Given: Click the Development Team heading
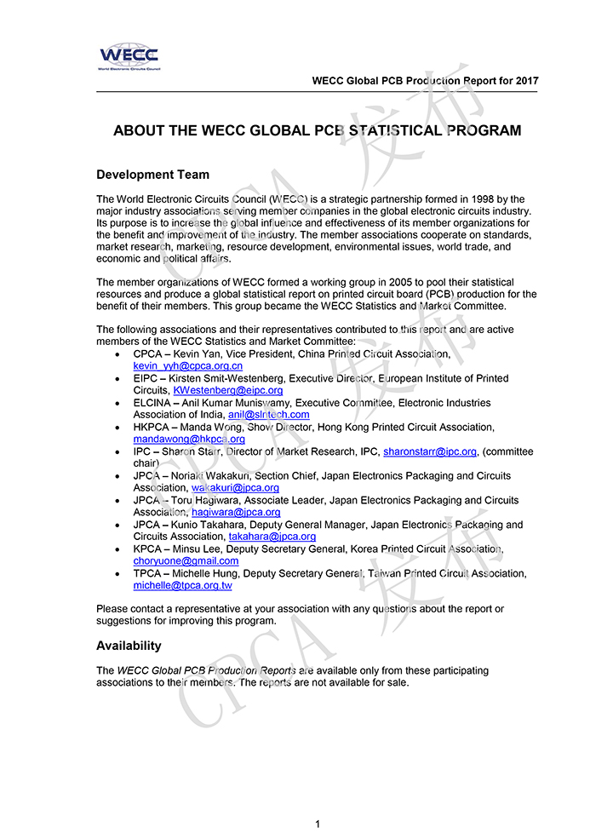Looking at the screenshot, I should (x=152, y=175).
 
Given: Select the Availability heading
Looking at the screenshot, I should (x=129, y=646).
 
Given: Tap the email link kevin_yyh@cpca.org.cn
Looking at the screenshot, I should (x=188, y=365).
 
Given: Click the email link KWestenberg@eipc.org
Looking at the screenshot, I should (x=227, y=390).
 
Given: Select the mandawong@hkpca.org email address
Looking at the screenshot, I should (x=189, y=439).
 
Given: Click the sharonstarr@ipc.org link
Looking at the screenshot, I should (x=429, y=451).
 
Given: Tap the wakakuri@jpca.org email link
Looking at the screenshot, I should (x=235, y=488).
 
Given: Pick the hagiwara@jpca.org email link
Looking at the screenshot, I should (x=233, y=513).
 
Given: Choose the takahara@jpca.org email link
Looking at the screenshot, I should (x=272, y=537).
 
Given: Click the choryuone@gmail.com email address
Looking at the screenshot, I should (x=186, y=561).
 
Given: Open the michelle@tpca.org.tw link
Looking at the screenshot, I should (x=182, y=586).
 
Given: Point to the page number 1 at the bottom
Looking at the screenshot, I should (x=317, y=824).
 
